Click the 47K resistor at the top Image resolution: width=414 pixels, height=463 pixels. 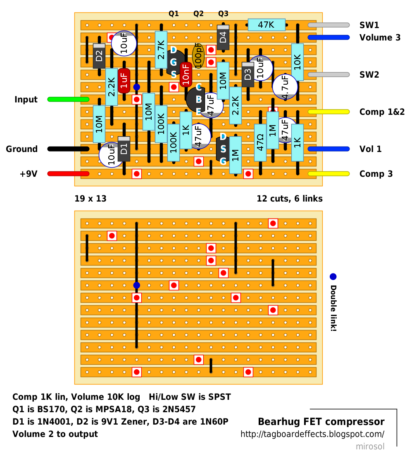[266, 25]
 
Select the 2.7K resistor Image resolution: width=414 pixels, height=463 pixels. [161, 50]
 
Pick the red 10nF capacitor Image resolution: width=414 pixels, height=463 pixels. [186, 74]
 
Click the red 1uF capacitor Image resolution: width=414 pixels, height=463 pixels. [124, 81]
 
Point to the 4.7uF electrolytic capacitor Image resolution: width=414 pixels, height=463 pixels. [285, 87]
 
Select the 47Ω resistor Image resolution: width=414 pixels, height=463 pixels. [260, 142]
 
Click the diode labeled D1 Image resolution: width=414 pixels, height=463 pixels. [124, 149]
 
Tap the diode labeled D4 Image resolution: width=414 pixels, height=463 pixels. [223, 37]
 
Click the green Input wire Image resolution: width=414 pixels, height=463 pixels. [68, 99]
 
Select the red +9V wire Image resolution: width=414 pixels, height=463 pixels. [68, 173]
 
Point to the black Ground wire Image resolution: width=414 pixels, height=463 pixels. [68, 149]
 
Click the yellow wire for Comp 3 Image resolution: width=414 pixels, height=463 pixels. [328, 173]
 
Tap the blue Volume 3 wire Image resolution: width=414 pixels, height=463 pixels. [328, 38]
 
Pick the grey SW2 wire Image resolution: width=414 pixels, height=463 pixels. [328, 74]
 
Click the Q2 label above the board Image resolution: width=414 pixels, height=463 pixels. [198, 14]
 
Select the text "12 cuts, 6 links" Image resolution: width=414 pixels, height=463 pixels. [289, 199]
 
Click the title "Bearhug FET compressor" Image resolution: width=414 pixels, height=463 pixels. [321, 422]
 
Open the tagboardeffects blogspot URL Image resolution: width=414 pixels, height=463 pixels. [312, 435]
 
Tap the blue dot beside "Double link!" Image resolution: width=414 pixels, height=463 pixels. [333, 277]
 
